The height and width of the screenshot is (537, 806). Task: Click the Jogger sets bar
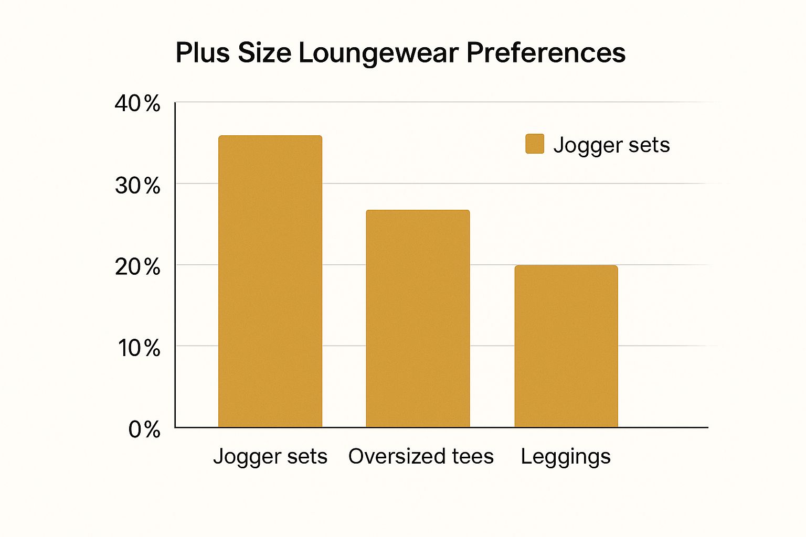coord(270,282)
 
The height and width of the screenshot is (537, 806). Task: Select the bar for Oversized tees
coord(418,319)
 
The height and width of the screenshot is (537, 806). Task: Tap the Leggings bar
coord(566,346)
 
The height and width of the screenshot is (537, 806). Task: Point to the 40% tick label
coord(137,104)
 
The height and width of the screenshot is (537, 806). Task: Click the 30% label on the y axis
coord(137,186)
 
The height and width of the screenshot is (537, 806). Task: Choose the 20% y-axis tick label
coord(137,267)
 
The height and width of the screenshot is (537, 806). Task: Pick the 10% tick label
coord(139,348)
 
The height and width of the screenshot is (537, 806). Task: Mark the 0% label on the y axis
coord(144,429)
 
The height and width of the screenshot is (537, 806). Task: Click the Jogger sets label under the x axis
coord(270,456)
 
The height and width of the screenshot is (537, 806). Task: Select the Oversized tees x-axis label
coord(421,456)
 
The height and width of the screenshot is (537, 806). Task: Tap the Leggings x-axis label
coord(566,457)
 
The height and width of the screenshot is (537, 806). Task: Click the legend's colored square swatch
coord(535,144)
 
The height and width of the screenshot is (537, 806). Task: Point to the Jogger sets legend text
coord(611,145)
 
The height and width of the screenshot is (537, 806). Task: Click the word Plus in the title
coord(203,53)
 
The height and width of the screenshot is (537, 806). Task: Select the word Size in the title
coord(264,53)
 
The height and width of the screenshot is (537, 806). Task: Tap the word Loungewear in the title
coord(378,53)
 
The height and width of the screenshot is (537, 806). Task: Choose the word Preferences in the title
coord(546,53)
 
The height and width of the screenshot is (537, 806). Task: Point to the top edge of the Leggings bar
coord(566,266)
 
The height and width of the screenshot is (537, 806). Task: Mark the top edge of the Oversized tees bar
coord(418,211)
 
